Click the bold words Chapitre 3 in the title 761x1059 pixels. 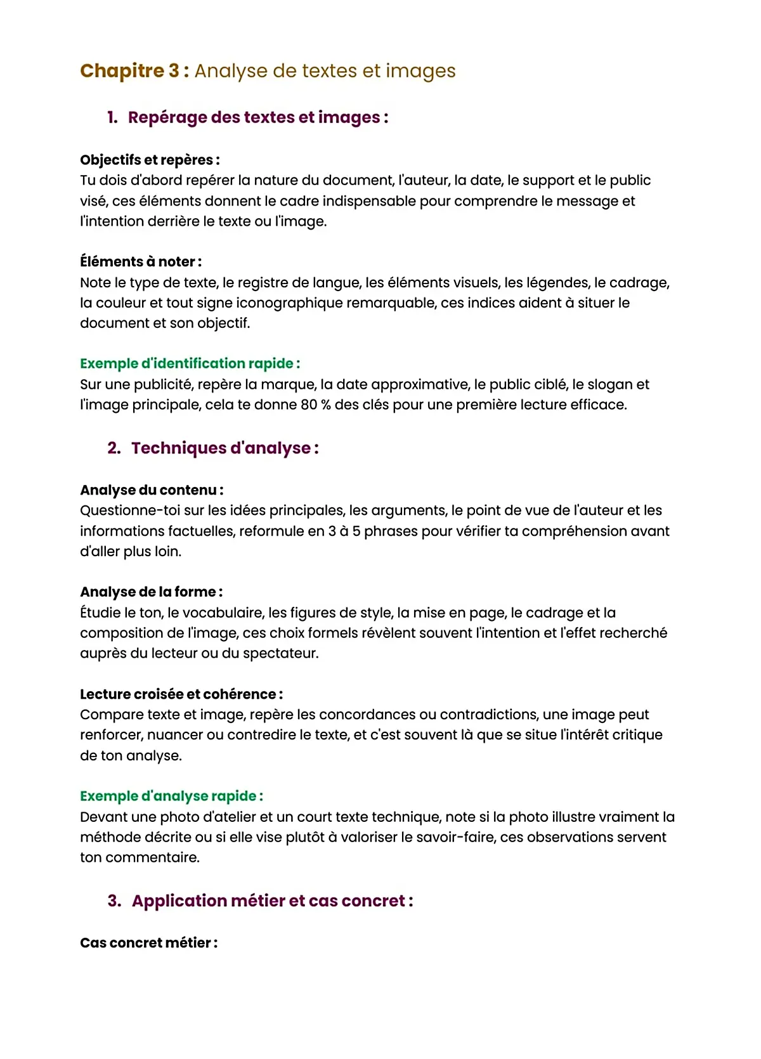[130, 70]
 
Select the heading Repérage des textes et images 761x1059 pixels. [257, 117]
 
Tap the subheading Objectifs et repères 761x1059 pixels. [150, 160]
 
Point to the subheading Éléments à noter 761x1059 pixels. [141, 261]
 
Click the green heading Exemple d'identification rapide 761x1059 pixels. [190, 363]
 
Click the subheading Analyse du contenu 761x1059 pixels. [152, 490]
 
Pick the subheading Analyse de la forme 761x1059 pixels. [151, 592]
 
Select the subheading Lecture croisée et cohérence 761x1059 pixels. [181, 694]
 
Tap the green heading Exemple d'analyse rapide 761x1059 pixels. [171, 796]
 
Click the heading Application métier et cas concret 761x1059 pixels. [272, 900]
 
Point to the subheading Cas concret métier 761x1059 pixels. [148, 942]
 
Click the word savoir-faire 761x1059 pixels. [545, 837]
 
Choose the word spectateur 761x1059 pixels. [278, 653]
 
